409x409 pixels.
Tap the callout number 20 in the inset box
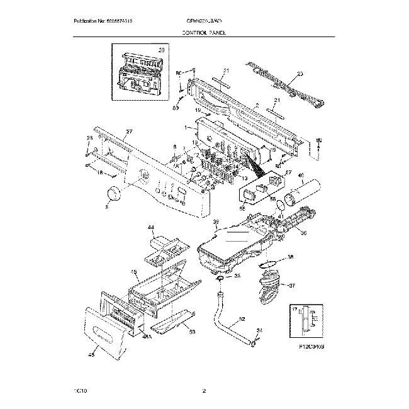[x=160, y=50]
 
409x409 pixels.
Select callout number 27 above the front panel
[x=129, y=132]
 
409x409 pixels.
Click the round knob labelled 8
[x=115, y=193]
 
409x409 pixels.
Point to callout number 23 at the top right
[x=300, y=74]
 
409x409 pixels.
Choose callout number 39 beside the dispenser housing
[x=215, y=222]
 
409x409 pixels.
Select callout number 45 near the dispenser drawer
[x=134, y=272]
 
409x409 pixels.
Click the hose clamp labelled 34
[x=254, y=342]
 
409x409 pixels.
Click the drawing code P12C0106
[x=306, y=347]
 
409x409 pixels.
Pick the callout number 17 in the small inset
[x=294, y=310]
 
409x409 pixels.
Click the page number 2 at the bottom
[x=204, y=391]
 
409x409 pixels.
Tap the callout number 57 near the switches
[x=289, y=172]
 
